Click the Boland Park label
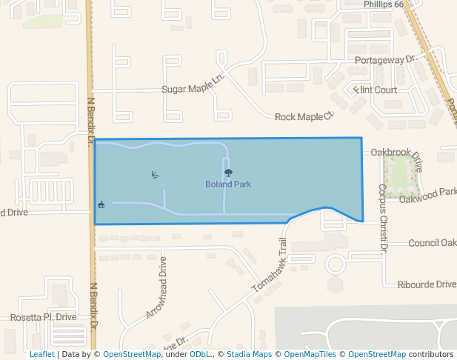[229, 184]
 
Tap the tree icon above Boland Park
[227, 174]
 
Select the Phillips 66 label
[383, 4]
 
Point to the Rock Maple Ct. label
[305, 116]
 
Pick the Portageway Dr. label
[387, 59]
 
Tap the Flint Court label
[376, 90]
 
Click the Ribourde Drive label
[427, 284]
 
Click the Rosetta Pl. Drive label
[44, 317]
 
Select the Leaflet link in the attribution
[41, 354]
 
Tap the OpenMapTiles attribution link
[310, 354]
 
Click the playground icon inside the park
[154, 175]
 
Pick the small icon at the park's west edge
[101, 204]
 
